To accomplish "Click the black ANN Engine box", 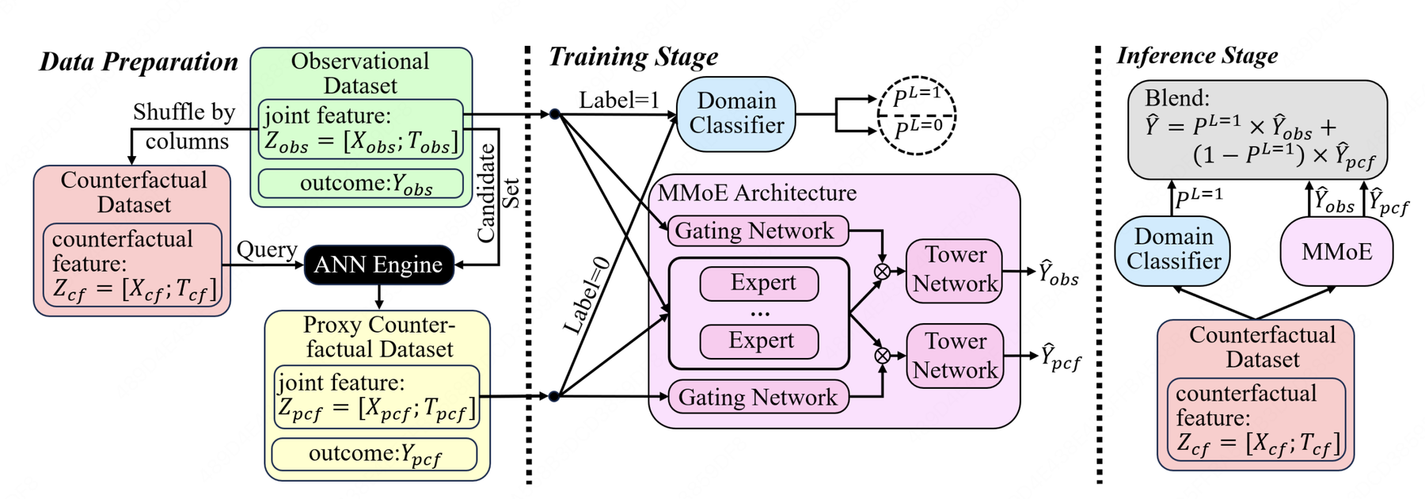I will tap(378, 265).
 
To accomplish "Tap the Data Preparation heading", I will tap(139, 62).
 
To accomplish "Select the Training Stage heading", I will tap(633, 57).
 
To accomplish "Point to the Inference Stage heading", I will tap(1197, 55).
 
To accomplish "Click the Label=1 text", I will tap(618, 101).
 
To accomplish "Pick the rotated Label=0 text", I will tap(587, 295).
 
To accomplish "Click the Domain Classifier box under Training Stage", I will tap(735, 113).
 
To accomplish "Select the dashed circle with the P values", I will tap(917, 115).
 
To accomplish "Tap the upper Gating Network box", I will tap(758, 231).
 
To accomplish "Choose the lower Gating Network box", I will tap(758, 397).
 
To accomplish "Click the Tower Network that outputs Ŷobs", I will tap(955, 270).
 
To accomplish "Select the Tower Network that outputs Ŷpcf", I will tap(955, 356).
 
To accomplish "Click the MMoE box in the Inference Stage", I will tap(1336, 252).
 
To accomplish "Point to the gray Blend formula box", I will tap(1256, 129).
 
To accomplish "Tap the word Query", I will tap(267, 249).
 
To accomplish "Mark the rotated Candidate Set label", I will tap(497, 192).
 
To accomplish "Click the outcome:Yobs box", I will tap(361, 184).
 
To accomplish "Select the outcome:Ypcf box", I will tap(374, 454).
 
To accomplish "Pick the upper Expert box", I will tap(759, 284).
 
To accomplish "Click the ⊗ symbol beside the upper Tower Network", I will tap(882, 272).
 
